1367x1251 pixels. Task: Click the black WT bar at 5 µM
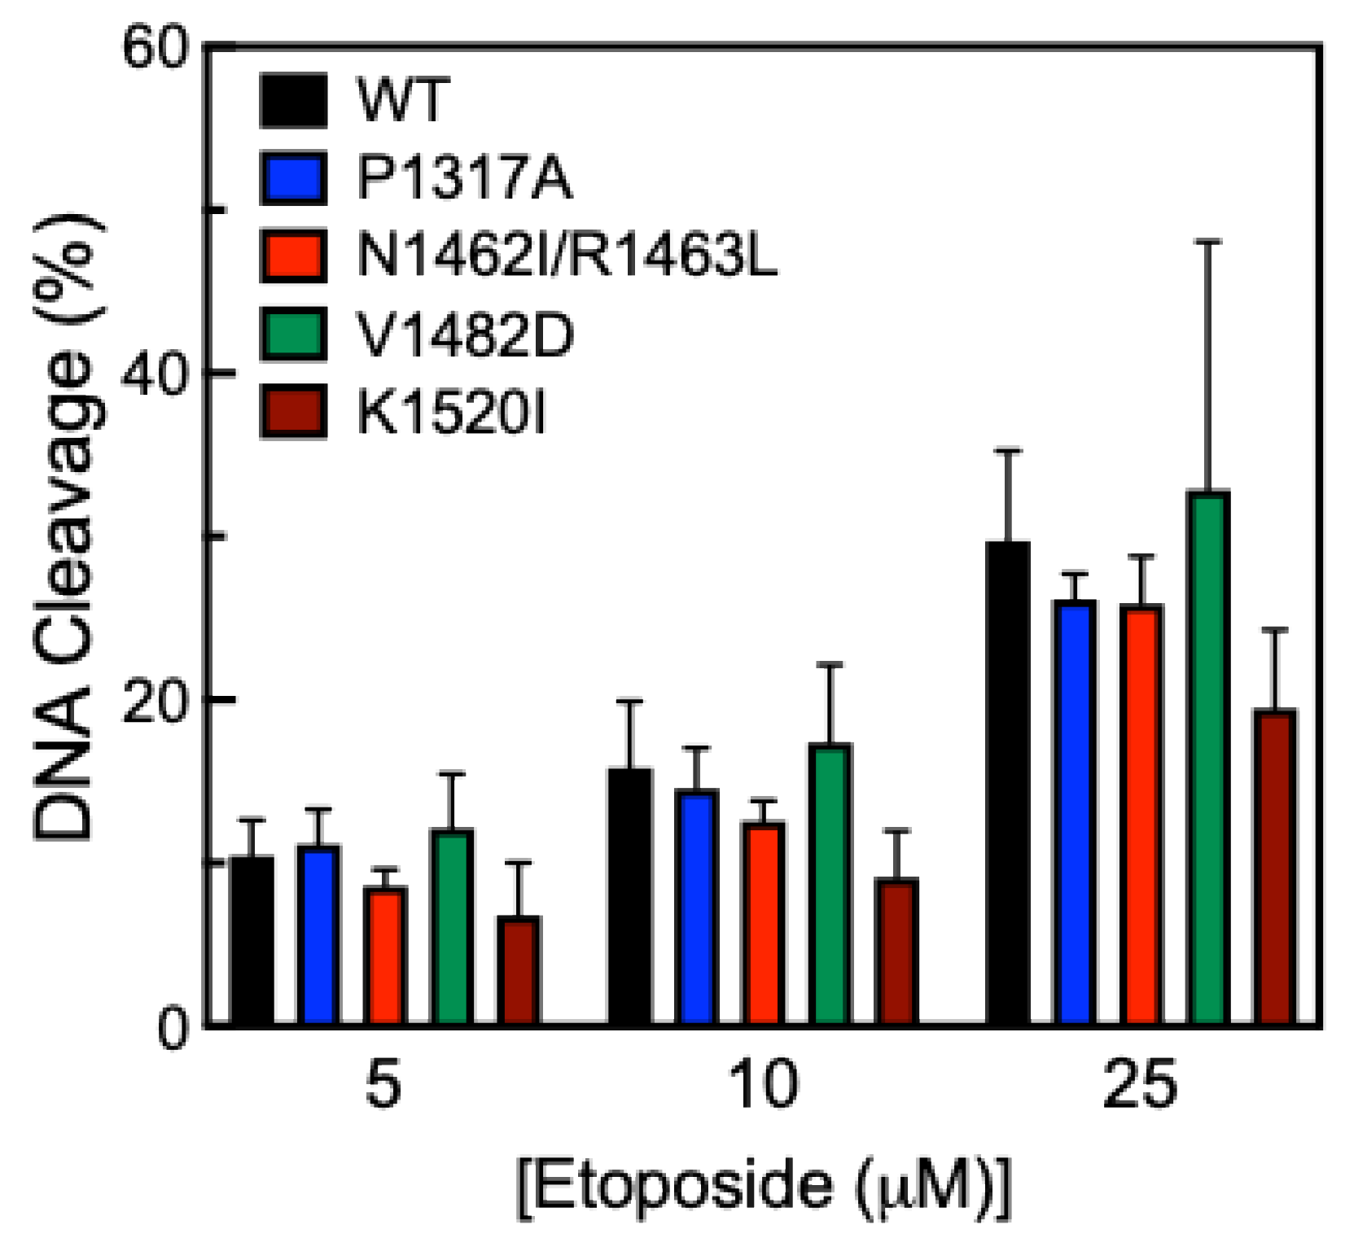pos(252,940)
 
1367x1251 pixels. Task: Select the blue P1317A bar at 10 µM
pos(697,908)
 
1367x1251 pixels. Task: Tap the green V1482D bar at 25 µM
pos(1208,757)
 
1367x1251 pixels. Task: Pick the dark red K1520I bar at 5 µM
pos(519,970)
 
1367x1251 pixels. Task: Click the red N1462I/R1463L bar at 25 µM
pos(1141,814)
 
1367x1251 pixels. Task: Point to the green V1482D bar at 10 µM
pos(830,884)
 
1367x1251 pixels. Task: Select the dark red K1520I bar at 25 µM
pos(1274,867)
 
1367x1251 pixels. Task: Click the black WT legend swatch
pos(294,100)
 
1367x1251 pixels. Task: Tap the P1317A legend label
pos(465,177)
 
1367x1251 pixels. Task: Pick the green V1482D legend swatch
pos(294,334)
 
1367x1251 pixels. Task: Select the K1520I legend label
pos(452,412)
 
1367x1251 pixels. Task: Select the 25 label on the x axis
pos(1141,1087)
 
